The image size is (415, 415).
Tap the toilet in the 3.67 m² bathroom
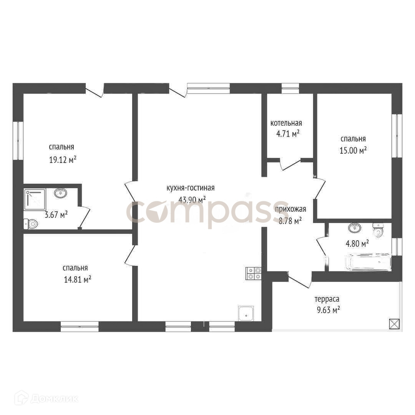click(31, 224)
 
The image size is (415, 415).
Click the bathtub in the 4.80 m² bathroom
click(369, 262)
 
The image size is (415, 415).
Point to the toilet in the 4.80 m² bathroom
click(378, 230)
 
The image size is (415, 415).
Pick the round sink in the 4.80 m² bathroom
click(354, 227)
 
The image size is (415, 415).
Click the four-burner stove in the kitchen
click(254, 274)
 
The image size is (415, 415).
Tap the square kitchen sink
click(246, 314)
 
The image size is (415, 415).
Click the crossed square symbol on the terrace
click(394, 324)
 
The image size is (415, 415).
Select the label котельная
click(286, 123)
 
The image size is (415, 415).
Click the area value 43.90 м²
click(192, 199)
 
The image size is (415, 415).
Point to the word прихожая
click(290, 209)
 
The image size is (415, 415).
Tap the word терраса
click(327, 299)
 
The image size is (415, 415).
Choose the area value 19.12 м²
click(63, 159)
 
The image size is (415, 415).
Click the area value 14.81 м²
click(78, 279)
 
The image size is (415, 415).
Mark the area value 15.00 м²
click(353, 150)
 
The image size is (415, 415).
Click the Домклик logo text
click(55, 398)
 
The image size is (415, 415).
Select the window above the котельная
click(290, 88)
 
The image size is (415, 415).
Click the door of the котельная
click(290, 164)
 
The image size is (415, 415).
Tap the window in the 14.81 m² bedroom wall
click(80, 327)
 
